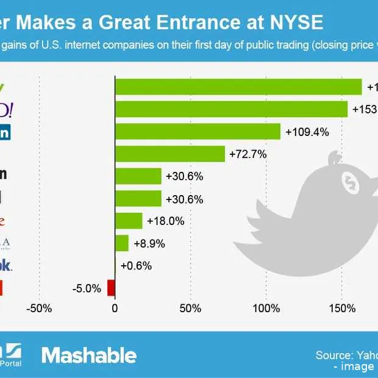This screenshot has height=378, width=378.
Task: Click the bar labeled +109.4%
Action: (x=198, y=132)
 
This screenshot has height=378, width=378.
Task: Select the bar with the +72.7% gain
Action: (x=170, y=154)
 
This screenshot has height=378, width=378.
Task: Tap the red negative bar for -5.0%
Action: (x=111, y=288)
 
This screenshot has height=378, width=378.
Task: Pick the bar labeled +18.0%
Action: (x=129, y=221)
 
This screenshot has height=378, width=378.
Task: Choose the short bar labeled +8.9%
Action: (x=122, y=243)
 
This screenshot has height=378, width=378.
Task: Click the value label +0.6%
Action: (x=136, y=266)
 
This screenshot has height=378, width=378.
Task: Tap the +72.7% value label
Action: (x=248, y=154)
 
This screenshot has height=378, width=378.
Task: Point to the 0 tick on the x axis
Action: (x=115, y=308)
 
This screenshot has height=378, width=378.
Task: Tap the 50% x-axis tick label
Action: (x=191, y=308)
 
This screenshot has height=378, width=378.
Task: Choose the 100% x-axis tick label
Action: (x=266, y=308)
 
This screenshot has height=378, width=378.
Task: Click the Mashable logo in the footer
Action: (x=89, y=355)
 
